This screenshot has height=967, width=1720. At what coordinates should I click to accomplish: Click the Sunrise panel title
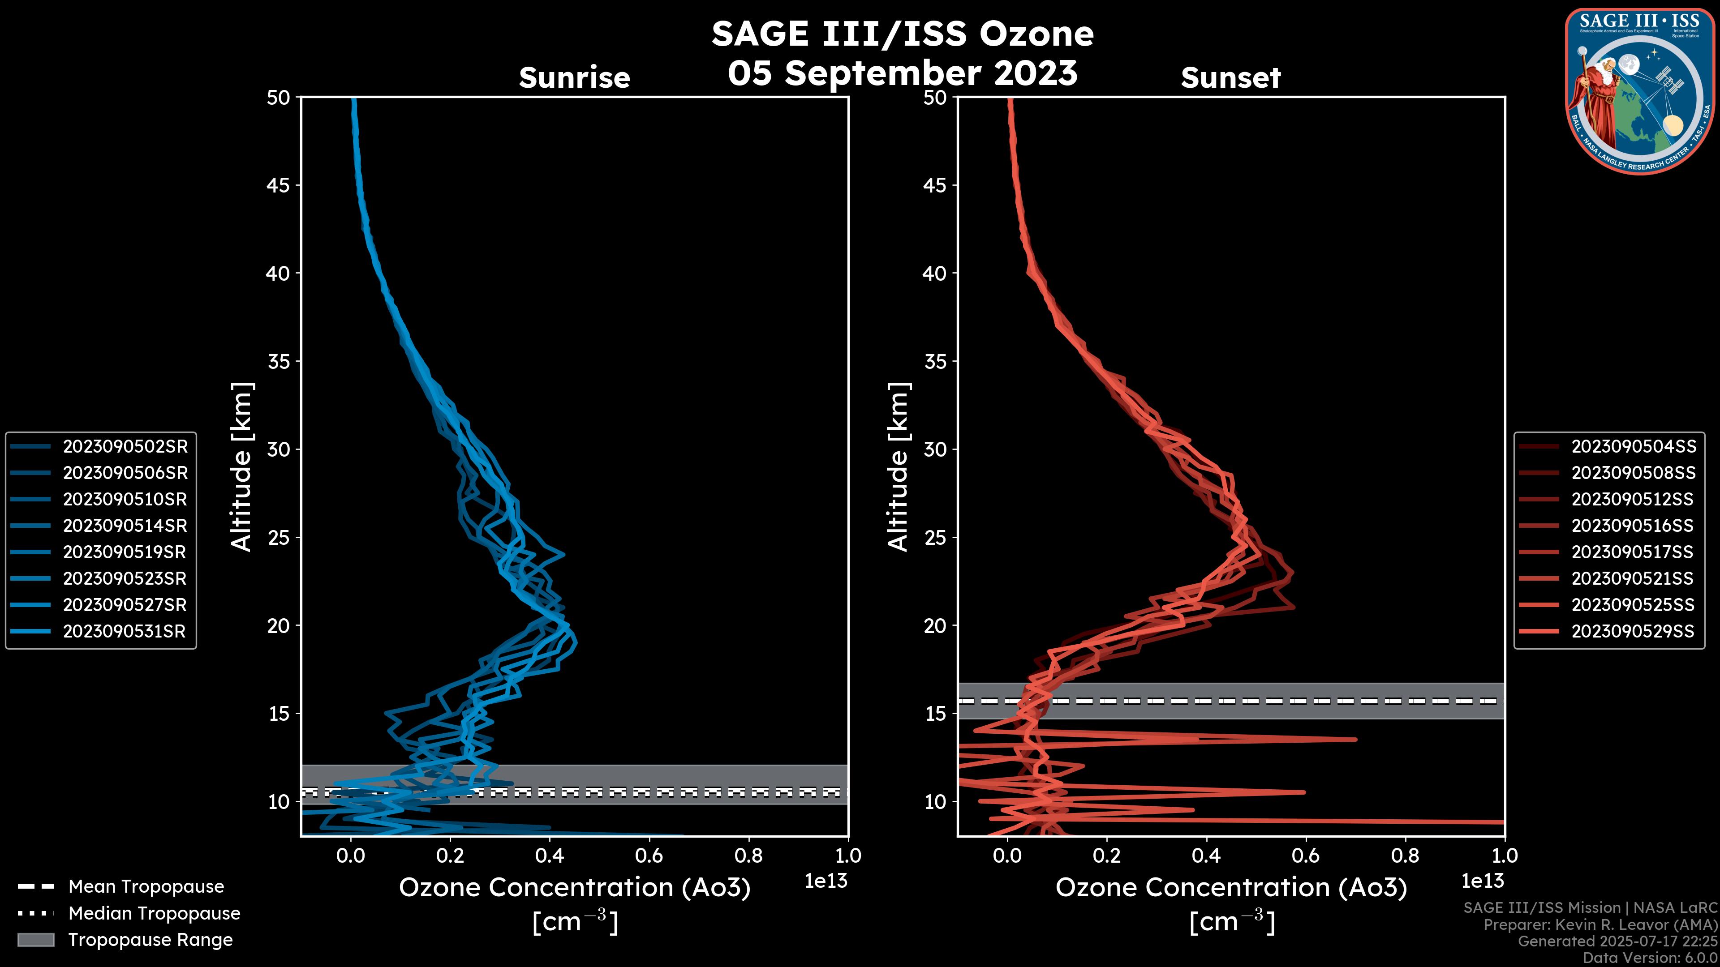574,78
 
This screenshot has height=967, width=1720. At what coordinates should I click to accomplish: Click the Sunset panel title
1230,78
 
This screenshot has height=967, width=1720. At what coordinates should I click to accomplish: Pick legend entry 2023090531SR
124,631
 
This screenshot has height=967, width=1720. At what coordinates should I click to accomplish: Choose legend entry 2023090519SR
124,552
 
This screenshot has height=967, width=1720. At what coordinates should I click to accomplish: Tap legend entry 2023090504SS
1633,446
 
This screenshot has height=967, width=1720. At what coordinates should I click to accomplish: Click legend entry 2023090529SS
1633,631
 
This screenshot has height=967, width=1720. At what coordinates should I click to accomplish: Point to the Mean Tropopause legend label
146,886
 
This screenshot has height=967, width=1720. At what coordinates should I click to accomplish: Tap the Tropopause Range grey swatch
35,940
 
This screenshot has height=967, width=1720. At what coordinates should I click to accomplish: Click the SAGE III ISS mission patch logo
1638,91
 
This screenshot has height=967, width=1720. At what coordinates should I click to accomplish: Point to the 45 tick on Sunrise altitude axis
279,185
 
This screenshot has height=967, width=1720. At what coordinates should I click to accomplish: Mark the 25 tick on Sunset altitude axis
935,538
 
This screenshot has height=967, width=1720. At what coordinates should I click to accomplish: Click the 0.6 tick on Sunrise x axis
649,856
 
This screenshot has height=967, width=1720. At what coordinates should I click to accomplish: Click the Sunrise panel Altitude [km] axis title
242,466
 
